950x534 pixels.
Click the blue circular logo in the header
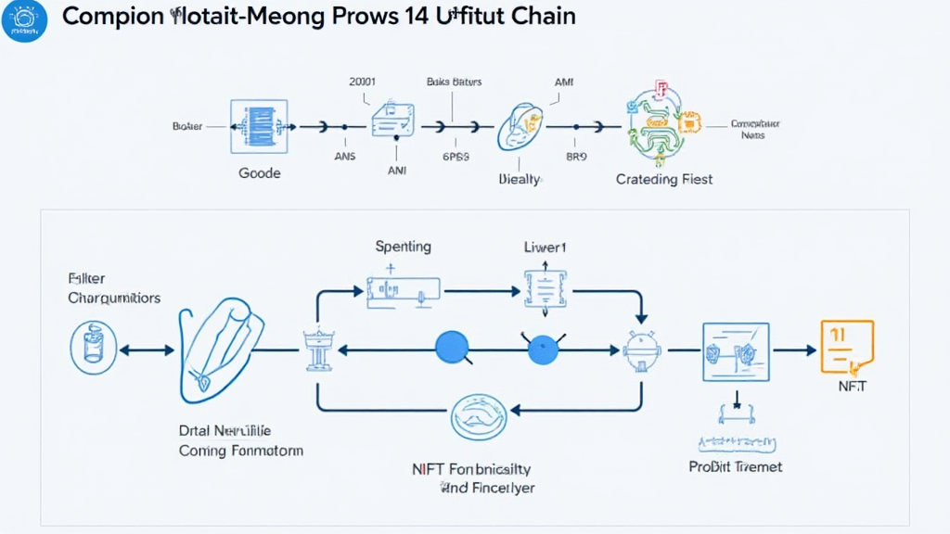(x=25, y=20)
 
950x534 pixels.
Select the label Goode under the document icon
(x=260, y=173)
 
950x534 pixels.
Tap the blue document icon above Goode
(x=259, y=126)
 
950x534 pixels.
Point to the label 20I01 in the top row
(x=362, y=82)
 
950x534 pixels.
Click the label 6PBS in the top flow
(x=456, y=157)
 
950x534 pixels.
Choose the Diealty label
(x=520, y=179)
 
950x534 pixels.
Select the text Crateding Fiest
(x=664, y=179)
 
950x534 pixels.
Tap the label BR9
(x=576, y=157)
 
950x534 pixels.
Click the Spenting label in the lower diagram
(x=403, y=247)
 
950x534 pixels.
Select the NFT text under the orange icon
(x=851, y=387)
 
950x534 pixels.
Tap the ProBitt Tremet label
(x=735, y=466)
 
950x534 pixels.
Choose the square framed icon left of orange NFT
(x=736, y=351)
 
